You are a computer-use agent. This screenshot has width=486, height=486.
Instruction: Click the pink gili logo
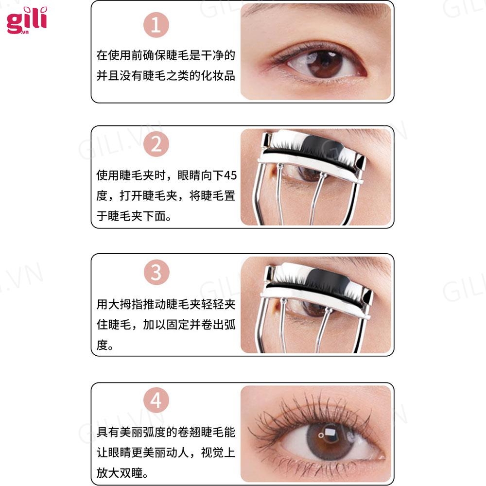[27, 20]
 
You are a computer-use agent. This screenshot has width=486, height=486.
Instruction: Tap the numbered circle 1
[156, 25]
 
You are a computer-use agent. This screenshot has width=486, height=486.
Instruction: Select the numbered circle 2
[156, 144]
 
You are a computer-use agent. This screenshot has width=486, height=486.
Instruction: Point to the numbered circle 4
[156, 400]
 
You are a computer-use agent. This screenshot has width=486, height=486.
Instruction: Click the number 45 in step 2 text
[230, 175]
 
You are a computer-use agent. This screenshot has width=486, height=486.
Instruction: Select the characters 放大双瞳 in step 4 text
[120, 473]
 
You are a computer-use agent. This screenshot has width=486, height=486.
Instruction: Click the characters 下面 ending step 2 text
[154, 216]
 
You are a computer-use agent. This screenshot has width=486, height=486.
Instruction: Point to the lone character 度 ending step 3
[102, 345]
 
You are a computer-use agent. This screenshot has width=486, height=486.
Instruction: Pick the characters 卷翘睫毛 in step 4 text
[201, 432]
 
